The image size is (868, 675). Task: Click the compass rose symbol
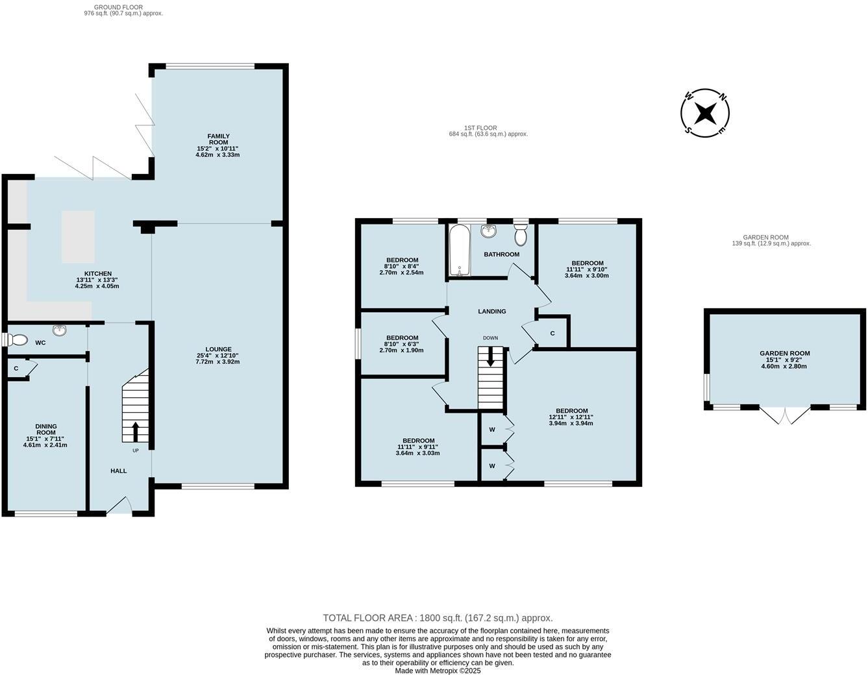[704, 114]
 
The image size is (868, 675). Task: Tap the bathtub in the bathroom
[460, 251]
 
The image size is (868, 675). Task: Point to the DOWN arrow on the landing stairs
[491, 356]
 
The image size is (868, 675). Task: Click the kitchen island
[78, 236]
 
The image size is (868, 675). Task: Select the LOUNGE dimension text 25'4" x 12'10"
[217, 356]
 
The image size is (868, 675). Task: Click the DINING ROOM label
[45, 430]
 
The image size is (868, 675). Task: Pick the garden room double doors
[785, 415]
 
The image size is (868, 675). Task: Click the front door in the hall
[119, 505]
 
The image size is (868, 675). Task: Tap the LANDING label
[491, 312]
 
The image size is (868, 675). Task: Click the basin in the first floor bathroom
[489, 232]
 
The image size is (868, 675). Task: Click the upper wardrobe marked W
[492, 429]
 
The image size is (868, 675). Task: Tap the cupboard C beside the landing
[552, 333]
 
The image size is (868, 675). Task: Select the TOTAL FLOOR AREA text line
[438, 618]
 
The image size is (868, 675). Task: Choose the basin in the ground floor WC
[60, 330]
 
